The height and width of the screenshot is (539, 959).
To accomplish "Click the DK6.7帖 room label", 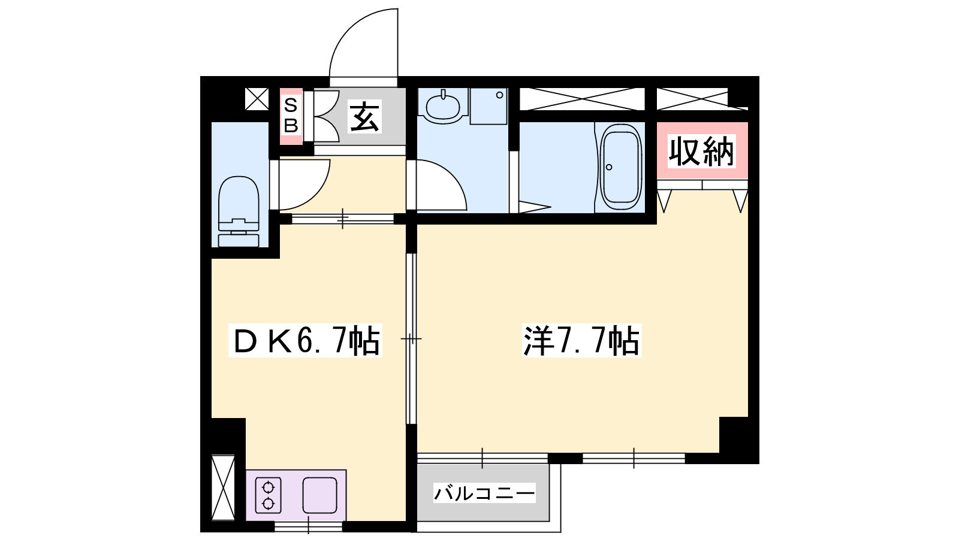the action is pyautogui.click(x=305, y=341).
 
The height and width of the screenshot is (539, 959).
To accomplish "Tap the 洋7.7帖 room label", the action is pyautogui.click(x=581, y=341).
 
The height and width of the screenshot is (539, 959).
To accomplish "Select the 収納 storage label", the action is pyautogui.click(x=701, y=151).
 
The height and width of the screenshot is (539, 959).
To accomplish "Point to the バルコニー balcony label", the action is pyautogui.click(x=484, y=493).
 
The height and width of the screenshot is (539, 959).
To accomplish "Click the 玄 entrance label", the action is pyautogui.click(x=364, y=116).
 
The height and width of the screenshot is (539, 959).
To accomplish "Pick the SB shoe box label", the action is pyautogui.click(x=291, y=116).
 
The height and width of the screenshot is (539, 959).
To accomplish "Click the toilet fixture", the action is pyautogui.click(x=239, y=211).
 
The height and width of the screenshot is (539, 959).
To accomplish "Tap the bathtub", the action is pyautogui.click(x=621, y=167).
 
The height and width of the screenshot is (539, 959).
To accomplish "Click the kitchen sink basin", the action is pyautogui.click(x=319, y=495).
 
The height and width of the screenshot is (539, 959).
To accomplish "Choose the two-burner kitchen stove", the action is pyautogui.click(x=268, y=495).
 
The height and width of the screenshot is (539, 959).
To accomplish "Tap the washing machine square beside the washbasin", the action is pyautogui.click(x=488, y=106).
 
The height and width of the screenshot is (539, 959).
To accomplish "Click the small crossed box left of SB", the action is pyautogui.click(x=257, y=99).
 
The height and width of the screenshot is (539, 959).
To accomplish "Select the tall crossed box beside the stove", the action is pyautogui.click(x=223, y=487).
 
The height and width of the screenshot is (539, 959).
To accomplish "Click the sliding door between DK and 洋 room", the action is pyautogui.click(x=411, y=339).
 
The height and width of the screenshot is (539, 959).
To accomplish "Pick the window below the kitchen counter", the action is pyautogui.click(x=308, y=526).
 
